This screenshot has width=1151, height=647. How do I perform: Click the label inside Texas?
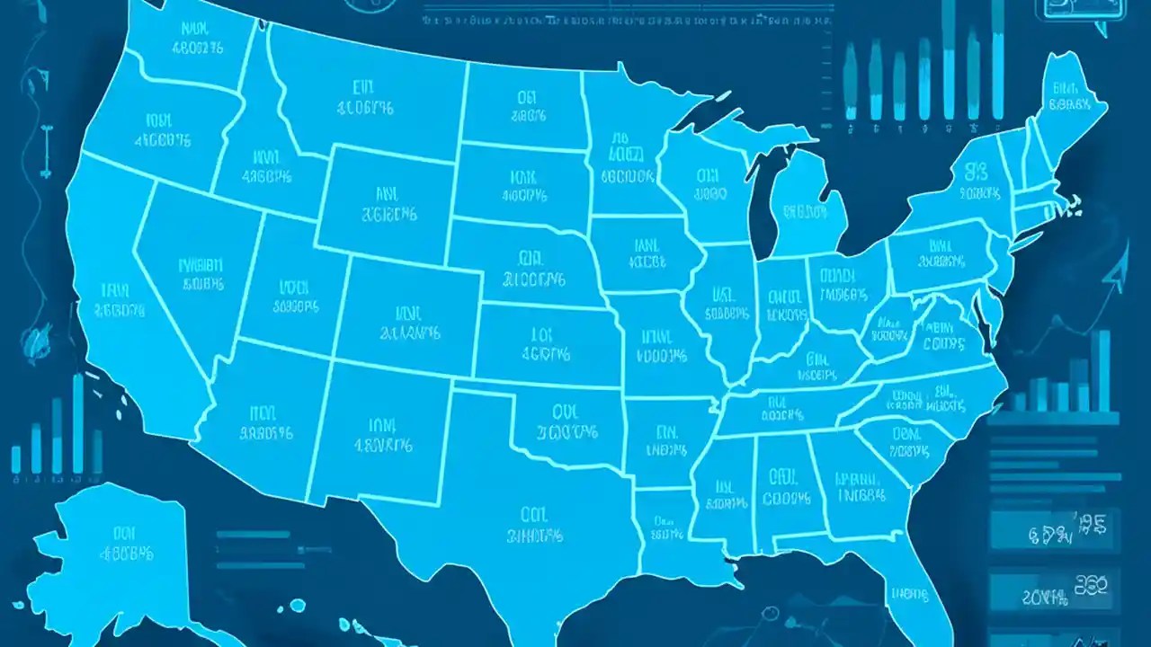(535, 526)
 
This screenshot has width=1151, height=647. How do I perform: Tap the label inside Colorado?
(410, 323)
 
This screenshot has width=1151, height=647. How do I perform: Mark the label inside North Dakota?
(526, 104)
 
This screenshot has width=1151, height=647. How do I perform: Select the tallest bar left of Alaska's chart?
(77, 423)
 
